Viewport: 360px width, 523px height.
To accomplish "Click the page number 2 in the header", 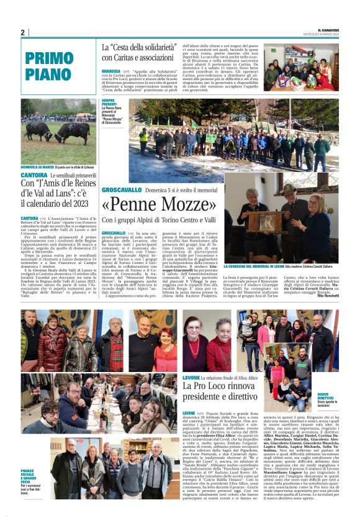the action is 22,32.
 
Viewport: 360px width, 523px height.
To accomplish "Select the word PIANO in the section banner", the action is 50,73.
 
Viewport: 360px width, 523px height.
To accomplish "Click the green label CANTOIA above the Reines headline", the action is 34,175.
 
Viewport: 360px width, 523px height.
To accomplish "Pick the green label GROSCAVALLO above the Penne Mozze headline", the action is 122,189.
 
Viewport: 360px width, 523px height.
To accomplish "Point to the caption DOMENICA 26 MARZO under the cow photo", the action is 37,167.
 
